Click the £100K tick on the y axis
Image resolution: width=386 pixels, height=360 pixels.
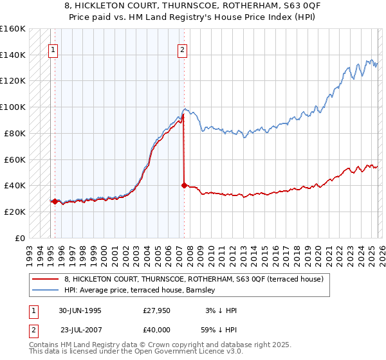tap(13, 107)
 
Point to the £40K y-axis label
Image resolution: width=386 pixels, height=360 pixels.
tap(13, 185)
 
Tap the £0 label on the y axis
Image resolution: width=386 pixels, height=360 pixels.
tap(19, 238)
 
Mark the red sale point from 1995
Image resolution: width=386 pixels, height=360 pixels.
tap(55, 201)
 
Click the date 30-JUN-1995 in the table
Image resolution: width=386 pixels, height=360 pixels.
tap(80, 310)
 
